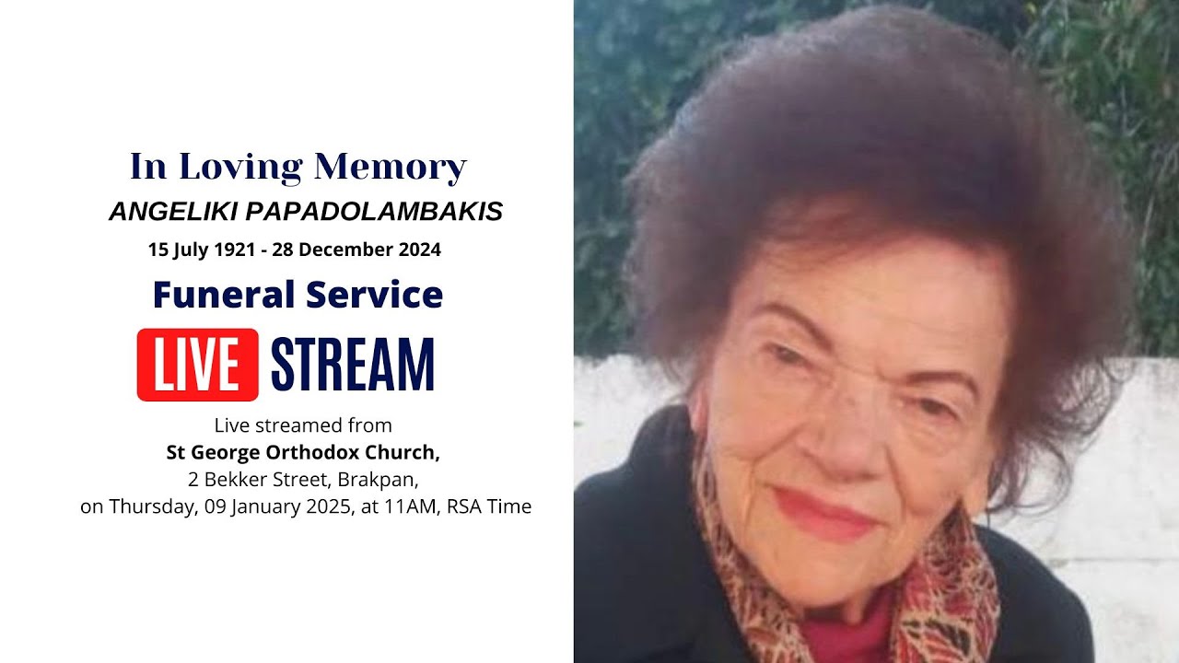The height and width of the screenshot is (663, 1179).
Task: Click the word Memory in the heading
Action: click(x=390, y=168)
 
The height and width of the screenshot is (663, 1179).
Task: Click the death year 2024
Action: click(x=420, y=250)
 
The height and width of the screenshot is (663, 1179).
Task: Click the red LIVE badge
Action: click(x=198, y=365)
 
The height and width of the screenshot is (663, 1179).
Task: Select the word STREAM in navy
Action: click(x=353, y=365)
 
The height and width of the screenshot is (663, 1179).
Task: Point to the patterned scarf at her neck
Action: click(x=940, y=589)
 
